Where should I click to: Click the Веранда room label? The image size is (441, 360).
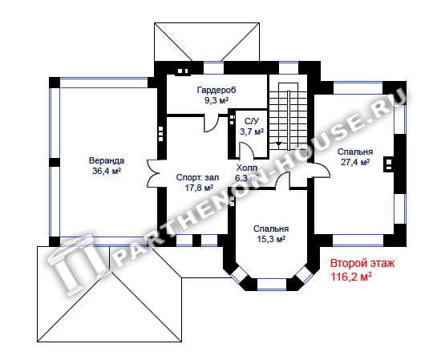pos(107,161)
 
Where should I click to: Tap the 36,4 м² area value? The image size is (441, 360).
pos(107,171)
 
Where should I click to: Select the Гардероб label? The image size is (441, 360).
pos(216,90)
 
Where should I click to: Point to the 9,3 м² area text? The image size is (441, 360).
pos(216,100)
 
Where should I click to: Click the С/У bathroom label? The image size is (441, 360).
pos(252,121)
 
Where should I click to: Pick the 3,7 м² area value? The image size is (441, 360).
pos(252,131)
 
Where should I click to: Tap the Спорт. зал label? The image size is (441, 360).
pos(197,178)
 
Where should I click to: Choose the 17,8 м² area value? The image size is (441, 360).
pos(199,188)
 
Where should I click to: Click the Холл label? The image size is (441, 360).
pos(247,168)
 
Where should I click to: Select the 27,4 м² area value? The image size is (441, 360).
pos(355,162)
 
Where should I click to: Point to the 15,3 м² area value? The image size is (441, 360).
pos(271,239)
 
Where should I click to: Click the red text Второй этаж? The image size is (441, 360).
pos(362,264)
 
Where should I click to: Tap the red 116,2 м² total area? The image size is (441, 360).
pos(350,277)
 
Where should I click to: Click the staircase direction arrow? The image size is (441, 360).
pos(278,144)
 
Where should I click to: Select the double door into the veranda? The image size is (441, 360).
pos(153,173)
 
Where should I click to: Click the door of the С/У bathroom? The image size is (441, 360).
pos(246,150)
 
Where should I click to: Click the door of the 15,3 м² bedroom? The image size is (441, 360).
pos(282,180)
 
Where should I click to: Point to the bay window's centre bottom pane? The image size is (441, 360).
pos(272,284)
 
